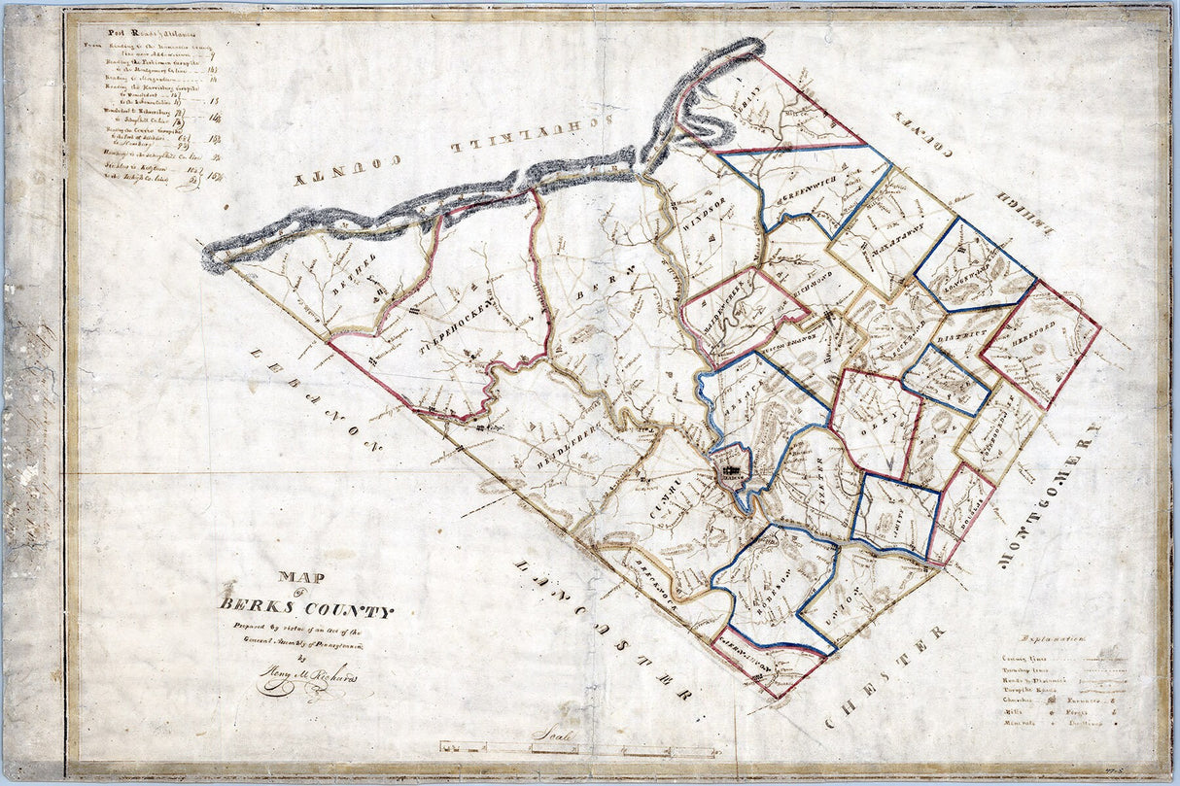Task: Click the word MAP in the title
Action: (302, 577)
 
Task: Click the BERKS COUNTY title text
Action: (306, 610)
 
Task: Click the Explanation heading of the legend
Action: (1055, 639)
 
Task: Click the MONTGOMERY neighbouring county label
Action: (1049, 496)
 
